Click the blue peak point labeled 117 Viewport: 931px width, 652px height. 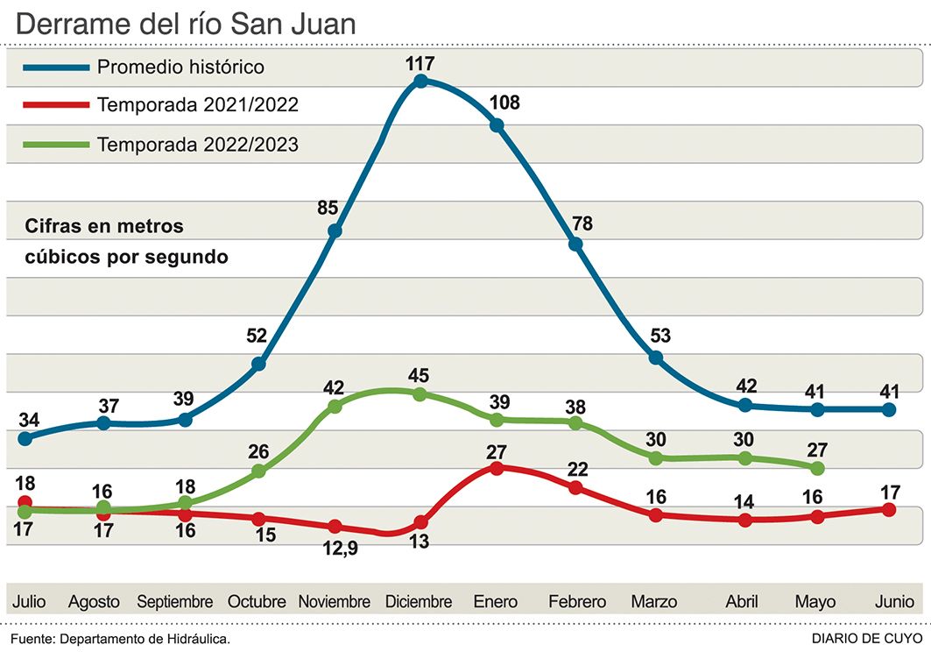click(x=420, y=81)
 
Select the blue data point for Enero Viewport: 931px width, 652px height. click(x=497, y=125)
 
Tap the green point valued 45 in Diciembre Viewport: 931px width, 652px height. click(x=420, y=394)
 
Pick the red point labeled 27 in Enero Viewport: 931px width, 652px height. click(x=497, y=468)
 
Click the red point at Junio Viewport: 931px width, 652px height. click(x=890, y=509)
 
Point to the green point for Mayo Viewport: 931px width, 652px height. click(x=817, y=468)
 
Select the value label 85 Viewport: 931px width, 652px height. click(x=328, y=209)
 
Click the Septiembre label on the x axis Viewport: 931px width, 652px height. click(x=175, y=602)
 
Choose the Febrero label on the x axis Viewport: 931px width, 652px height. click(x=577, y=602)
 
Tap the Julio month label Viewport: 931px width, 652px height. click(x=29, y=602)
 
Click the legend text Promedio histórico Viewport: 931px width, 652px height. click(x=180, y=67)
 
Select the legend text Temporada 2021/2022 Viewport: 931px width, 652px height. click(x=198, y=105)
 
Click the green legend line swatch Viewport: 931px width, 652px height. click(x=56, y=144)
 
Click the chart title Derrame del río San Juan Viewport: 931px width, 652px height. click(x=186, y=24)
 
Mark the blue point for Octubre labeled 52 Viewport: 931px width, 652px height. click(x=258, y=364)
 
